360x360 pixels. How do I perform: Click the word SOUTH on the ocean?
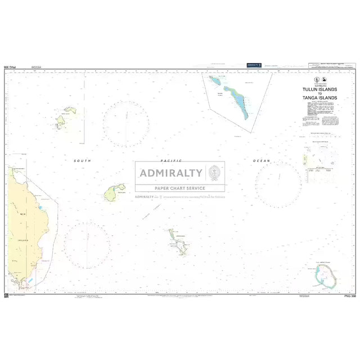click(82, 161)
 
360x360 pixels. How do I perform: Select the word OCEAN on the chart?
click(262, 161)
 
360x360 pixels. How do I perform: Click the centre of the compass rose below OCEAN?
click(278, 184)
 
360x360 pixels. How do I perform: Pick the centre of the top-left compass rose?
click(126, 124)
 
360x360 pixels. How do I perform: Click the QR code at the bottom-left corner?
click(6, 295)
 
